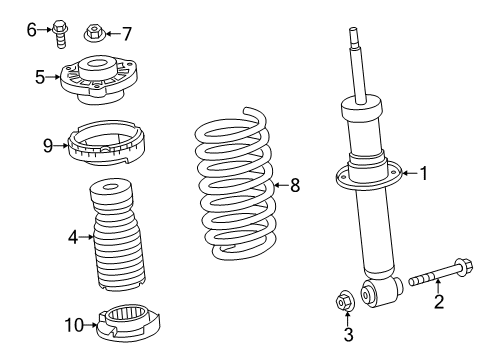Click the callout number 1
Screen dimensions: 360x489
[x=423, y=174]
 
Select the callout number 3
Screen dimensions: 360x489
[x=348, y=335]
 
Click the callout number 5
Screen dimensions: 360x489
[x=39, y=76]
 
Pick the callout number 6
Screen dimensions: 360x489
[x=31, y=30]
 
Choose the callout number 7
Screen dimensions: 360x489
[x=126, y=33]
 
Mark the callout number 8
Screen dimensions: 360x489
[x=294, y=184]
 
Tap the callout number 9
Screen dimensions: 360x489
[x=47, y=145]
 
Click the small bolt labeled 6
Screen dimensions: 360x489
[x=59, y=33]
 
